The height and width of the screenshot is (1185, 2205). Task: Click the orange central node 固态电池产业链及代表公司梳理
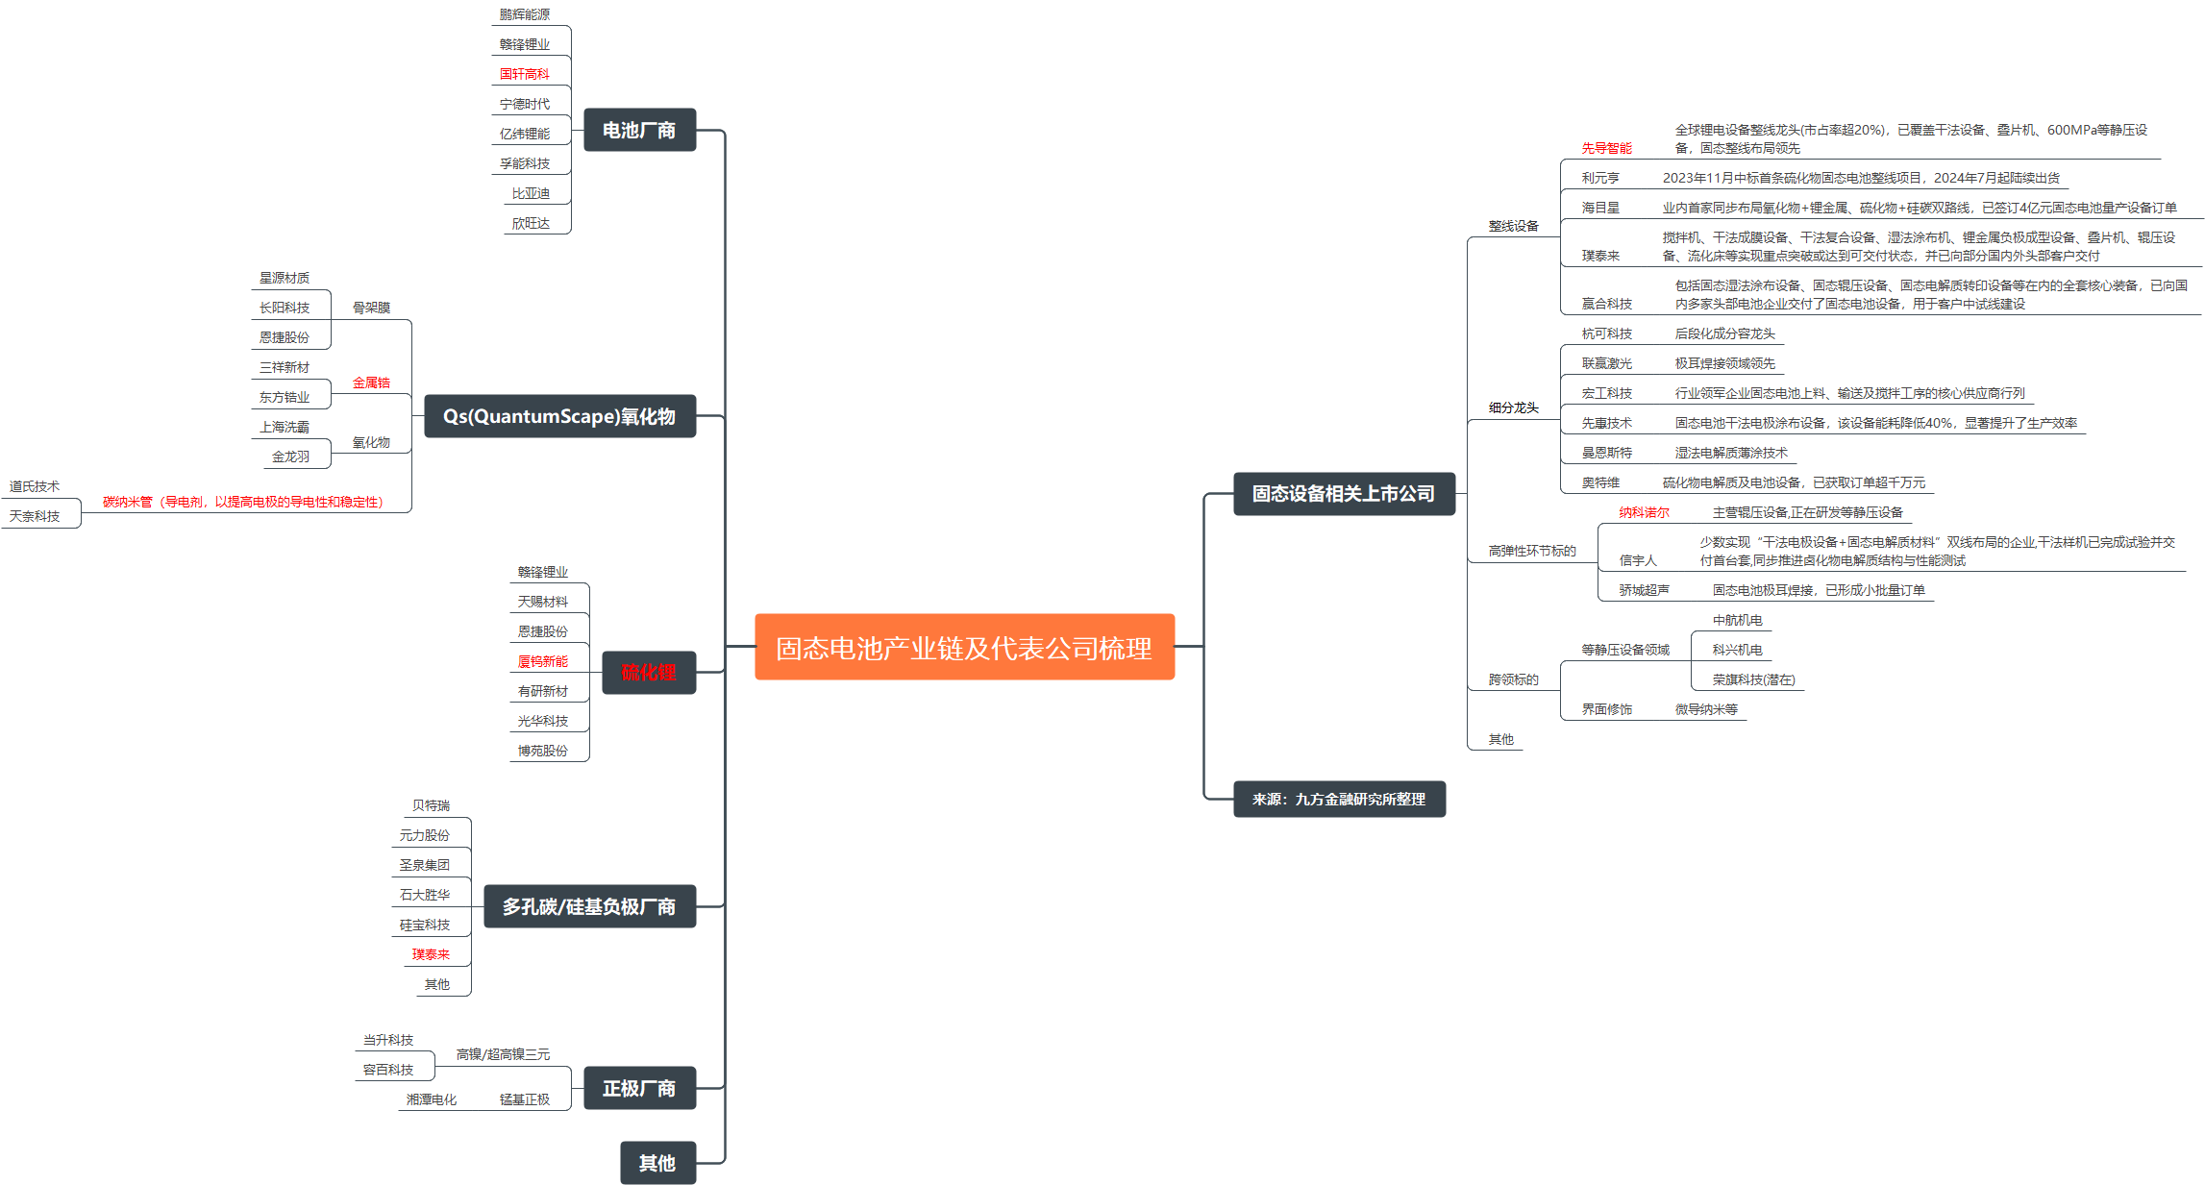[964, 647]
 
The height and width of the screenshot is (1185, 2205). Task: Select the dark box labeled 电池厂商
[639, 130]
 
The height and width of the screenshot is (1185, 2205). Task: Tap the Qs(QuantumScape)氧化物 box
[559, 416]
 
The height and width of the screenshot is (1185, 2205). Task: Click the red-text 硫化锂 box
[649, 672]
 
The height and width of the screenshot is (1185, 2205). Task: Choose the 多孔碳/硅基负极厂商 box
[589, 906]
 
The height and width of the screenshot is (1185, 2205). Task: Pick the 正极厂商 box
[639, 1088]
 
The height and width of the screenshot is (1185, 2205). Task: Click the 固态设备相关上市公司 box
[1343, 493]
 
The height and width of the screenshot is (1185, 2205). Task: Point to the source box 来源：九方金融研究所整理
[1338, 799]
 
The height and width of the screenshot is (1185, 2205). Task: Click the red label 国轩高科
[524, 74]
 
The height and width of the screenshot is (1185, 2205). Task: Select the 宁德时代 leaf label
[524, 104]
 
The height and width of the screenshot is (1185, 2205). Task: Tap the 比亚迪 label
[531, 193]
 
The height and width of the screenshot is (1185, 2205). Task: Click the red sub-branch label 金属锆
[371, 383]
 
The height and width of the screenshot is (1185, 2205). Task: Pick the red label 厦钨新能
[542, 661]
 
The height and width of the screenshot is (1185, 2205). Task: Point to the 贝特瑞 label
[431, 805]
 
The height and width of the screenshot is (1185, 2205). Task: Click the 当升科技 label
[387, 1040]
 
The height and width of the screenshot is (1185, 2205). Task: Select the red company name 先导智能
[1606, 148]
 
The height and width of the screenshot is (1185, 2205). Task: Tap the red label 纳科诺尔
[1644, 512]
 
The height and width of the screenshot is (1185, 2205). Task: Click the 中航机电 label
[1737, 620]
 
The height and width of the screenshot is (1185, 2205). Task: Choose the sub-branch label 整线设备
[1513, 226]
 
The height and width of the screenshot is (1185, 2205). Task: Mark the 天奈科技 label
[35, 516]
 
